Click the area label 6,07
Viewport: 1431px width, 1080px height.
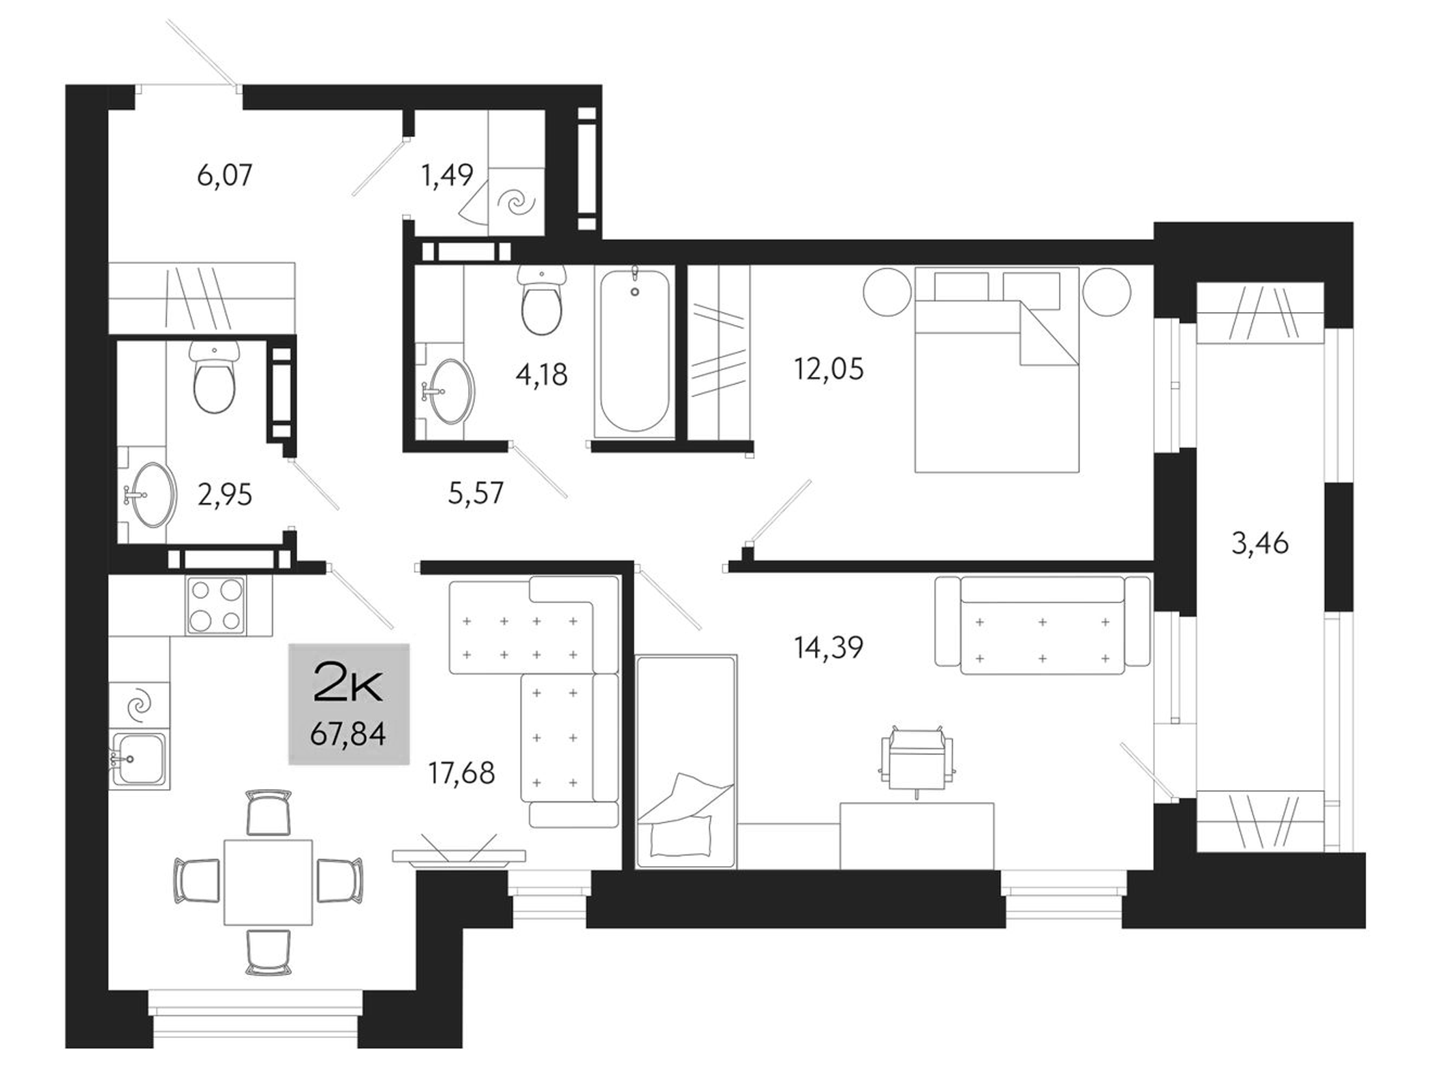[224, 176]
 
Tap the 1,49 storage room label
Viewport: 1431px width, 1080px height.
[446, 176]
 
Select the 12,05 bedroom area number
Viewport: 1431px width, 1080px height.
[828, 369]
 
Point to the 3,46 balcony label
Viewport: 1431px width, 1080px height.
[1259, 544]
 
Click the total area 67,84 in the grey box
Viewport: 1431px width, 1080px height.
[348, 735]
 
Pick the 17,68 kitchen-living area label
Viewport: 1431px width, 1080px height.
[461, 773]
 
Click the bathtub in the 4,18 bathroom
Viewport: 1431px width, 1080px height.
[634, 351]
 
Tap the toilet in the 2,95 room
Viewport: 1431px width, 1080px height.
[214, 378]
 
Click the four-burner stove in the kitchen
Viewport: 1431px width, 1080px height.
[215, 605]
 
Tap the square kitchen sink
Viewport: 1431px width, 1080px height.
[139, 758]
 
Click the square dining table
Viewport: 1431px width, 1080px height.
[268, 882]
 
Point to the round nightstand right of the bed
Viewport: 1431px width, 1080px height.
[1107, 291]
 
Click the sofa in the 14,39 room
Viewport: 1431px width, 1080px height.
[1042, 626]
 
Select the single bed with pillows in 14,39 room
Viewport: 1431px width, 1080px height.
[686, 761]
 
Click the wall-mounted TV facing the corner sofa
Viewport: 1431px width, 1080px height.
[459, 856]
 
